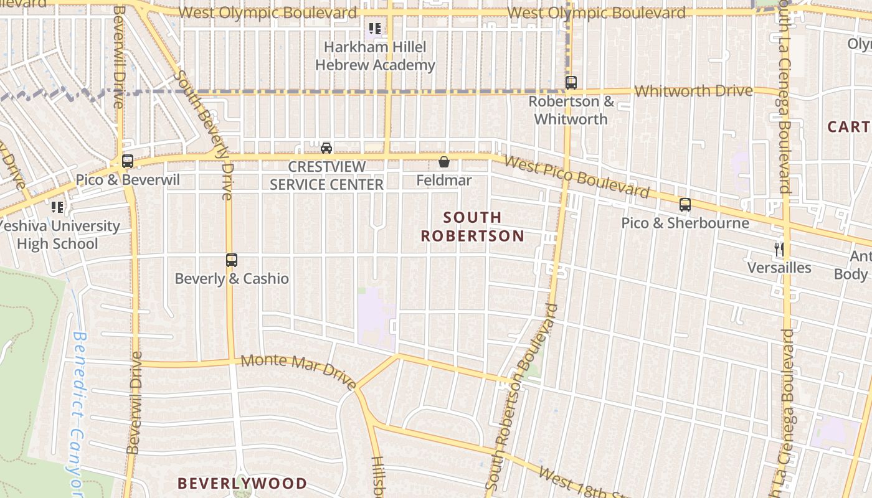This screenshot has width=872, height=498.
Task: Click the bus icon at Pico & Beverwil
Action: [x=128, y=161]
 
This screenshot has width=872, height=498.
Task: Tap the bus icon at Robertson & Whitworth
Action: [x=571, y=82]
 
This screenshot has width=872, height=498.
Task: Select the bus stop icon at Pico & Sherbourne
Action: [x=685, y=204]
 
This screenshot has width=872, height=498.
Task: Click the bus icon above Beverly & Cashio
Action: [x=232, y=260]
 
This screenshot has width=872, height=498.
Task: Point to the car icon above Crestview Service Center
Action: [x=326, y=148]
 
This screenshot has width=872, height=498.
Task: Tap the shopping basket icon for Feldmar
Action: [x=444, y=162]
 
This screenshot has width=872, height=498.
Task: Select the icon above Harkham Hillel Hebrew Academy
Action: [x=374, y=28]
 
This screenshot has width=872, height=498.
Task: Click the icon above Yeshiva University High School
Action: [x=57, y=207]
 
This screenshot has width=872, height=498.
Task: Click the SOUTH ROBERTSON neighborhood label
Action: [x=472, y=227]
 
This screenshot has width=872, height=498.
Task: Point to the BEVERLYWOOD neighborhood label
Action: [x=242, y=483]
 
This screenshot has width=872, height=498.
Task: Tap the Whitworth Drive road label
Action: [x=693, y=91]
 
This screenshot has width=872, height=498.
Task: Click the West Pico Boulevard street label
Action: [x=576, y=177]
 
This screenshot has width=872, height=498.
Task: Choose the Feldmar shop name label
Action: [x=444, y=181]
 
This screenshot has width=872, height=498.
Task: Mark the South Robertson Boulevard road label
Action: [x=521, y=396]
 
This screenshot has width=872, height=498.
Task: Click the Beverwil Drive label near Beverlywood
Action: [x=134, y=403]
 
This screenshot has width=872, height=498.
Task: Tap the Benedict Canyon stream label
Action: [x=77, y=414]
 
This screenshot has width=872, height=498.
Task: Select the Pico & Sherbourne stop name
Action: [x=685, y=223]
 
